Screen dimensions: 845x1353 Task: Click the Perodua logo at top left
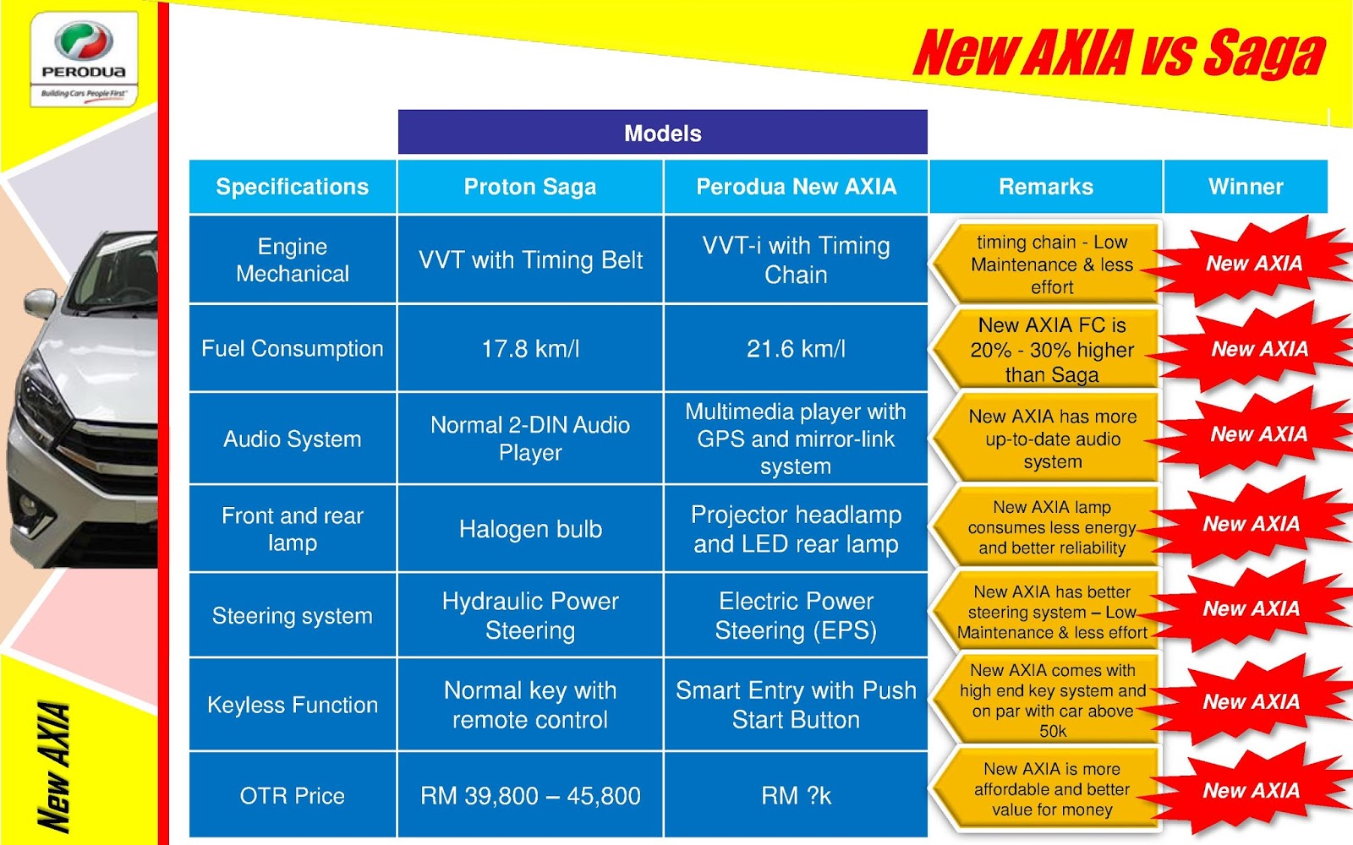coord(84,57)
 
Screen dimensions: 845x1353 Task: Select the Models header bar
coord(662,133)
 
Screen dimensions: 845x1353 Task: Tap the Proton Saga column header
coord(530,187)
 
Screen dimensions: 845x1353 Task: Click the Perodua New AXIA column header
coord(796,187)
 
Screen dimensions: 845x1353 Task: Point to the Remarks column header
coord(1046,187)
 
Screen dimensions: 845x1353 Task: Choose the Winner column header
coord(1246,187)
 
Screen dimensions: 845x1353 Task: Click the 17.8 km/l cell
coord(530,348)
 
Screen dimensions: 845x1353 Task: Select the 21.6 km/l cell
coord(796,348)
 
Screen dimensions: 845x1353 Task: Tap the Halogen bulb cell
coord(530,529)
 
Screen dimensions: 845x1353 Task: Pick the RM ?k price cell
coord(796,795)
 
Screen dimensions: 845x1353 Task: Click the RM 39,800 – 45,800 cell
coord(530,795)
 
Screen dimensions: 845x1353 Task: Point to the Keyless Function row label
coord(293,705)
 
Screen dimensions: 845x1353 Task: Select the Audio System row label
coord(293,439)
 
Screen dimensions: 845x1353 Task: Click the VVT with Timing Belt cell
coord(530,259)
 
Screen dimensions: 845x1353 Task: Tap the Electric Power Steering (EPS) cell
coord(796,615)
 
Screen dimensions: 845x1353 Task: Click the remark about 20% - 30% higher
coord(1051,349)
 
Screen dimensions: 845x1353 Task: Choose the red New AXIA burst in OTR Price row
coord(1251,791)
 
